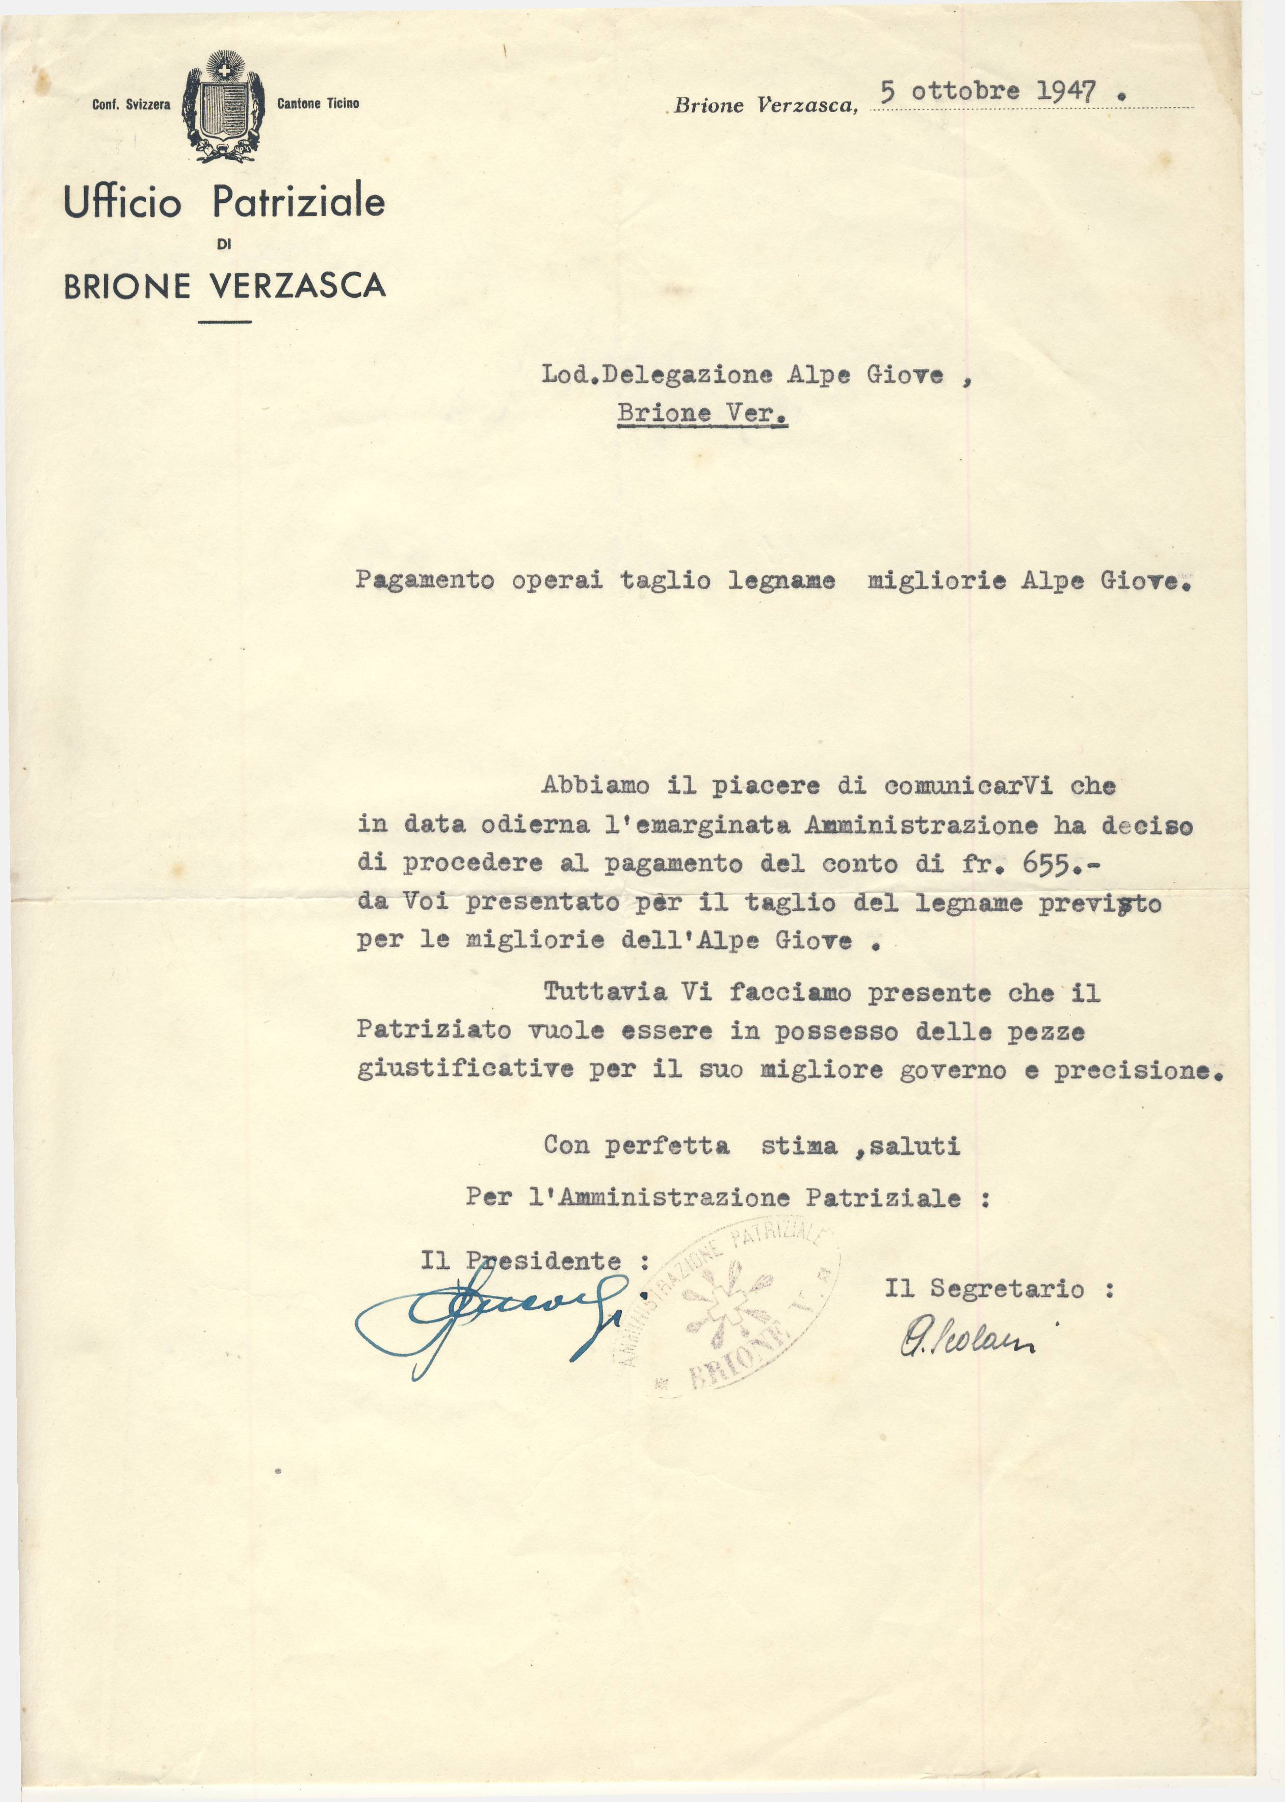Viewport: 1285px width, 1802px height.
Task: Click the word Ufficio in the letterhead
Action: (x=123, y=203)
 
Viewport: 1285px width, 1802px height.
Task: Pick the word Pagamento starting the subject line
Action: (x=425, y=580)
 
